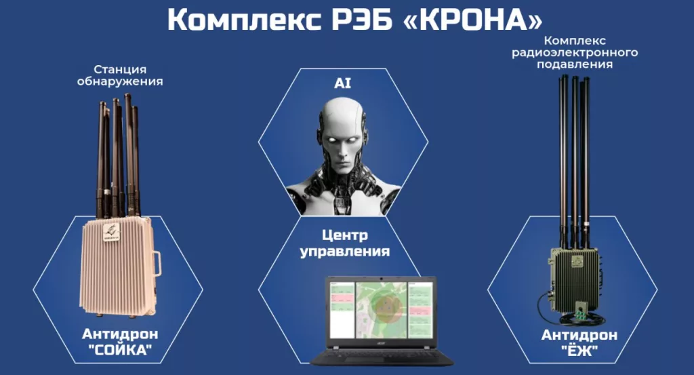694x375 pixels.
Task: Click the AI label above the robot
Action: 344,83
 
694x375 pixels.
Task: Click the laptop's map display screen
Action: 380,310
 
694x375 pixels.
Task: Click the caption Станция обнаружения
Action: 129,75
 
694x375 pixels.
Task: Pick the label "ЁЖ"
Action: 579,351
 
